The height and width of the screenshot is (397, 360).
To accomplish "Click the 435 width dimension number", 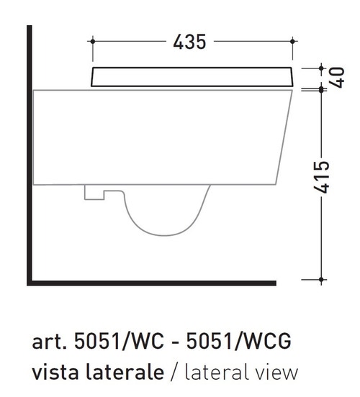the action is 189,42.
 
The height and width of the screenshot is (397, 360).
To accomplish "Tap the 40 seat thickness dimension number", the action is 338,78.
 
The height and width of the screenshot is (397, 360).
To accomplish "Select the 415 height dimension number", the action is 321,177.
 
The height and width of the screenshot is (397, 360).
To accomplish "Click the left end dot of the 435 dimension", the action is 93,41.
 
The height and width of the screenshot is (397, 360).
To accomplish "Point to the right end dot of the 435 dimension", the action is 292,41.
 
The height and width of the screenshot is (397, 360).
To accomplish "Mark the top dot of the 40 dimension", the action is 321,68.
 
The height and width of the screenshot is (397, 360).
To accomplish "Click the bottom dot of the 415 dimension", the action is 321,280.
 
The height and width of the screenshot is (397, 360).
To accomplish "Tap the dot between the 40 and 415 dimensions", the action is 321,89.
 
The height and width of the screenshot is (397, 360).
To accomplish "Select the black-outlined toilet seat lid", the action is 192,77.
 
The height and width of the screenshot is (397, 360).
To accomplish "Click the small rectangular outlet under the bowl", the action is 94,193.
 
